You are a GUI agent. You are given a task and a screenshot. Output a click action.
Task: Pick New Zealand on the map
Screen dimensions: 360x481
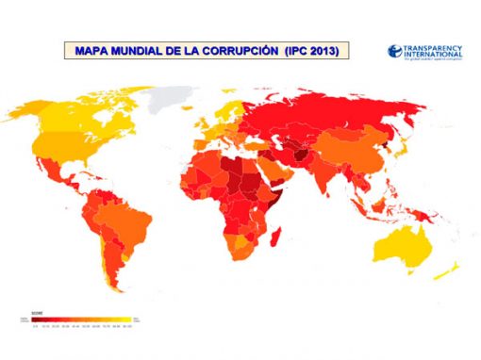(453, 272)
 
